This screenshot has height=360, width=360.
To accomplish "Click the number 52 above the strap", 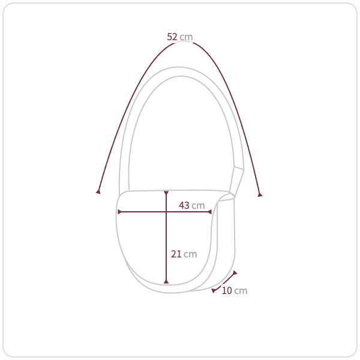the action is pos(172,37).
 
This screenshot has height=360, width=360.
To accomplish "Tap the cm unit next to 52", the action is pos(186,37).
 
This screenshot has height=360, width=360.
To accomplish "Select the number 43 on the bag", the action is pos(184,205).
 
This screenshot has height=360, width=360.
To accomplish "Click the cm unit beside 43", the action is pos(198,206).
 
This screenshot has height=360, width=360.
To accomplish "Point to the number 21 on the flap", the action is pos(176,254).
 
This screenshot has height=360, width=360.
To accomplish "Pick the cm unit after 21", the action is pos(190,254).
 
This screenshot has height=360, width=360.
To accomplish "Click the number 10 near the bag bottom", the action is pos(227,290).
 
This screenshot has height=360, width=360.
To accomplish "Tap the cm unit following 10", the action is pos(241,291).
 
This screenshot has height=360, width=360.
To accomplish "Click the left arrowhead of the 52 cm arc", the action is pos(98,191).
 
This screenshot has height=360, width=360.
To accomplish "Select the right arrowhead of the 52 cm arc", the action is pos(260,194).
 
